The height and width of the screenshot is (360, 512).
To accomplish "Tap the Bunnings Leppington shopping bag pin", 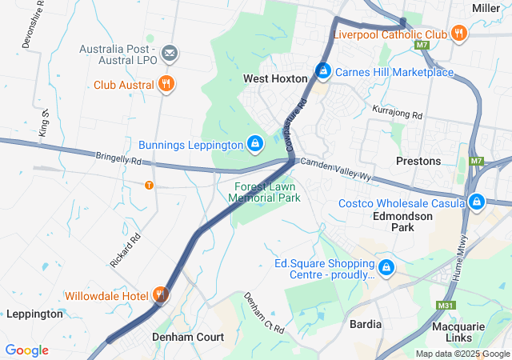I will pos(254,144).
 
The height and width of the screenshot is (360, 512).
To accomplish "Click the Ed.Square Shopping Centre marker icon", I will pos(386,267).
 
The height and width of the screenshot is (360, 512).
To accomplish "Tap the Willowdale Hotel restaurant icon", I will pos(161,295).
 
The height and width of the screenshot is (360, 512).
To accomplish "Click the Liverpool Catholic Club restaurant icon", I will pos(458,34).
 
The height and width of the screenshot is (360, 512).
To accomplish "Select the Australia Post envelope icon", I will pos(170,54).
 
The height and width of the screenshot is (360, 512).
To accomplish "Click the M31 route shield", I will pos(446,305).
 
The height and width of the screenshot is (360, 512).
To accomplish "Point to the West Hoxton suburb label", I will pos(275,79).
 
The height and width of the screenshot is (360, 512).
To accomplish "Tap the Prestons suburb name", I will pos(418,161).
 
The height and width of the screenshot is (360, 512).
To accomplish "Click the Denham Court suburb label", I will pos(188,337).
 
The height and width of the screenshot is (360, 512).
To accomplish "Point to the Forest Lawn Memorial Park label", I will pos(262,191).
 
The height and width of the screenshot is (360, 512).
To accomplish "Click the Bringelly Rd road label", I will pos(119,160).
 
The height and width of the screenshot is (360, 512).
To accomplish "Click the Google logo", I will pos(26,350).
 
